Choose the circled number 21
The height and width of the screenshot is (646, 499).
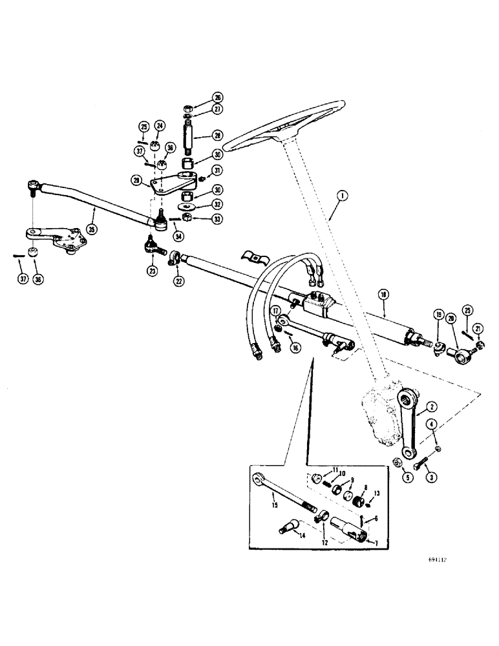(477, 329)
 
